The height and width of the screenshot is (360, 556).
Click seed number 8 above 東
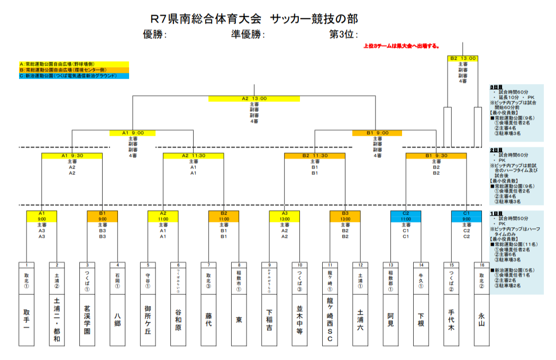(239, 265)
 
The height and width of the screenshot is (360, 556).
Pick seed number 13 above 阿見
(391, 265)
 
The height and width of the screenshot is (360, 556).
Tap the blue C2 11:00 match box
(406, 216)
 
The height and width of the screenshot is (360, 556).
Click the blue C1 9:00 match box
(467, 216)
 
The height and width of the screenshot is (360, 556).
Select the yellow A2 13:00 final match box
(254, 98)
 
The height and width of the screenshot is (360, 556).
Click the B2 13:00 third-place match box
(463, 58)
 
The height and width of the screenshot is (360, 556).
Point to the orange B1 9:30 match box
(436, 155)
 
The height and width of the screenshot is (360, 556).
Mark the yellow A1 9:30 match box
(72, 155)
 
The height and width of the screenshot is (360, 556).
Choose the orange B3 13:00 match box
(345, 216)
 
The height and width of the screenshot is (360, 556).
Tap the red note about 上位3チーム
(401, 46)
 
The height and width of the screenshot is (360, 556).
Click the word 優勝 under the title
(154, 35)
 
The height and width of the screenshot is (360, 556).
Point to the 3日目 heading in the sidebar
(497, 87)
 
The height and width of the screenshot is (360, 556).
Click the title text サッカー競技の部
(314, 19)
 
